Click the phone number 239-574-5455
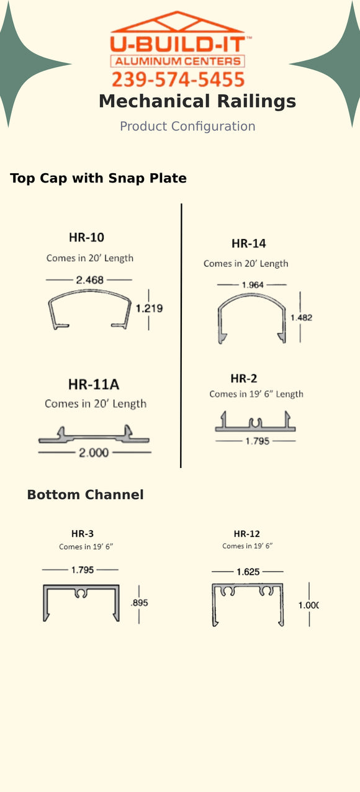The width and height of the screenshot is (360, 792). [178, 79]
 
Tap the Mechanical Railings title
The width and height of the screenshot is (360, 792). [197, 101]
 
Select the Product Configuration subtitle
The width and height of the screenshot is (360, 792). [187, 127]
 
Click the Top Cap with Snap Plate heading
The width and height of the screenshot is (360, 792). [98, 178]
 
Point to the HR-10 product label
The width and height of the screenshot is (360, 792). [86, 237]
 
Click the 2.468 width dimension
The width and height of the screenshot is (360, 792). [89, 280]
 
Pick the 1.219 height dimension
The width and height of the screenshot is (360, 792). [149, 308]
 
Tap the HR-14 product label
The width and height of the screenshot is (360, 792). [248, 243]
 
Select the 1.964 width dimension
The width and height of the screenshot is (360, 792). [251, 284]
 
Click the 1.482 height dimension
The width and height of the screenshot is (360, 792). [301, 317]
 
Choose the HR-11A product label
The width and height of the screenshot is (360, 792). [94, 384]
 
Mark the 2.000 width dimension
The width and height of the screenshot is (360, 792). [93, 452]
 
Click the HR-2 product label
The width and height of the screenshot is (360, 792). [243, 379]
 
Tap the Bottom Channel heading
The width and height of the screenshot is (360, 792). [85, 495]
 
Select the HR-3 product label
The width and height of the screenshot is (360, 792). [83, 533]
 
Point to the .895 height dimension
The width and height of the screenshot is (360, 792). [139, 603]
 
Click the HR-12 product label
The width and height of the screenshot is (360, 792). [246, 534]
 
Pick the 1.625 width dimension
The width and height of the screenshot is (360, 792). [248, 572]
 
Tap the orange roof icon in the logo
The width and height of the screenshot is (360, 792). [178, 23]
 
